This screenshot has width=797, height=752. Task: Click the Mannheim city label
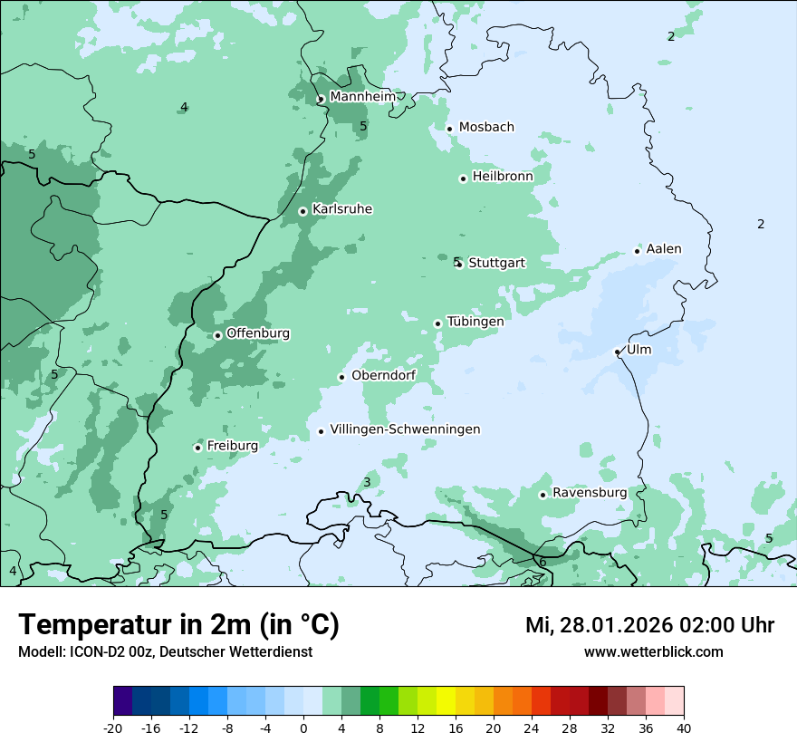pos(362,97)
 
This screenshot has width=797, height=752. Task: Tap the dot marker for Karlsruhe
pos(303,211)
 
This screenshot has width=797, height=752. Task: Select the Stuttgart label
pos(496,263)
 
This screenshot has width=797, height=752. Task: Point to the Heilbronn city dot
pos(463,178)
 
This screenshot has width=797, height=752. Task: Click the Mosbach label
pos(486,127)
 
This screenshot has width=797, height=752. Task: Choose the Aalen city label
pos(664,249)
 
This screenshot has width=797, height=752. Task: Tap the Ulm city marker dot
pos(617,352)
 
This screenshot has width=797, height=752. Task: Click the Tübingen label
pos(475,322)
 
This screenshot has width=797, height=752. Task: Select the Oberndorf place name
pos(383,376)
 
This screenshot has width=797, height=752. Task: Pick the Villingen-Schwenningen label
pos(405,429)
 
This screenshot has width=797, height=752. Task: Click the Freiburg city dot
pos(197,448)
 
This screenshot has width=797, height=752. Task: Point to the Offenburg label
pos(258,333)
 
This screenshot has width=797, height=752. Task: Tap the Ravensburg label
pos(590,493)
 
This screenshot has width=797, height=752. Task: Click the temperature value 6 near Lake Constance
pos(543,563)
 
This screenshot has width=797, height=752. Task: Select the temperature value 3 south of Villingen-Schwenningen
pos(367,482)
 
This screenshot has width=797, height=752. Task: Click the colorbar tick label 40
pos(684,728)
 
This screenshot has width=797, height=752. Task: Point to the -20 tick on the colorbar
pos(113,728)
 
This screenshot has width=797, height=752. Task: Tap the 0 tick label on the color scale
pos(303,728)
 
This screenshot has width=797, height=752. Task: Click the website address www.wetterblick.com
pos(653,652)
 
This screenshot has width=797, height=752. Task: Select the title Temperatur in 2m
pos(178,625)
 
